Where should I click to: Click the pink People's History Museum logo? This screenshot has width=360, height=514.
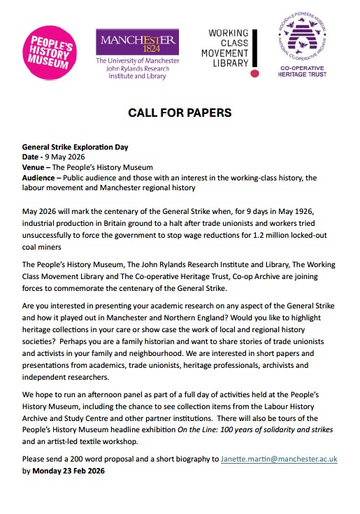[x=48, y=50]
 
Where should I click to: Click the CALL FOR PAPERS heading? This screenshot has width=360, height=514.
[x=179, y=113]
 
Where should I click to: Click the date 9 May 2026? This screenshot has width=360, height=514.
[x=69, y=158]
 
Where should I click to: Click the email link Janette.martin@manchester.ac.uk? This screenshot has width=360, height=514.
[x=279, y=459]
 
